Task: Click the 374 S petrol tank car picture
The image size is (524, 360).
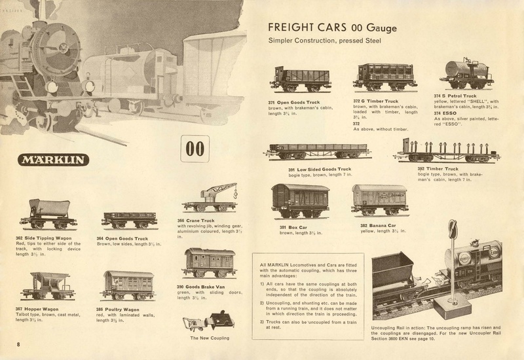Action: click(466, 74)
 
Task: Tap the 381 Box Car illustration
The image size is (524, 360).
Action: click(300, 201)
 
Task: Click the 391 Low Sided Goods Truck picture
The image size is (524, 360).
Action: click(318, 152)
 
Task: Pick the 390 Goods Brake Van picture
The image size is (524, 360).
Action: click(209, 262)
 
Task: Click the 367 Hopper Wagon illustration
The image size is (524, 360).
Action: click(48, 285)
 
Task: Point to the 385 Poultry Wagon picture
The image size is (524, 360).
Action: click(126, 285)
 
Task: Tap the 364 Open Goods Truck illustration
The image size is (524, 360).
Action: click(126, 219)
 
